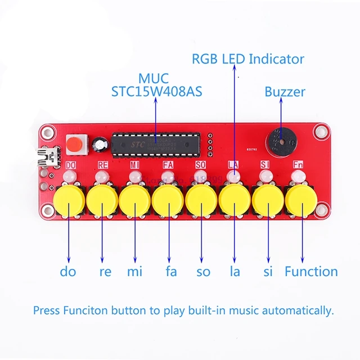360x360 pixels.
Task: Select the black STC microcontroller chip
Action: click(157, 144)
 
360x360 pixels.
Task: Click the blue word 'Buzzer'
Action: click(285, 92)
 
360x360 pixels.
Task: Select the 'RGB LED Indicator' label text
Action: click(247, 59)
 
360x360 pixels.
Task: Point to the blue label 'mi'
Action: click(134, 272)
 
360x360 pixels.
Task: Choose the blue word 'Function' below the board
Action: click(311, 272)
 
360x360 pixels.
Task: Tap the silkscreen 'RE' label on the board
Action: click(102, 165)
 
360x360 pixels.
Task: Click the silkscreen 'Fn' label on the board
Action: click(298, 165)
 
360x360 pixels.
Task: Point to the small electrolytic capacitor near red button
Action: click(100, 145)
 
